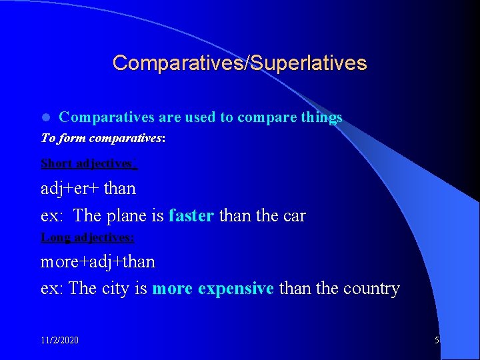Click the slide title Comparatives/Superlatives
(239, 63)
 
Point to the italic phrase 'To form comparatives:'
(103, 139)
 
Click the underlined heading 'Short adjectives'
(88, 163)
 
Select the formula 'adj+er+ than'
(88, 189)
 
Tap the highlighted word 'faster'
(191, 216)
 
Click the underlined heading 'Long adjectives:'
(87, 237)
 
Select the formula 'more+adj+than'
(97, 262)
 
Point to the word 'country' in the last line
(371, 289)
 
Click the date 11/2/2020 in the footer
(59, 340)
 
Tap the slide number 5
(437, 340)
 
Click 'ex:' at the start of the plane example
(53, 216)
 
